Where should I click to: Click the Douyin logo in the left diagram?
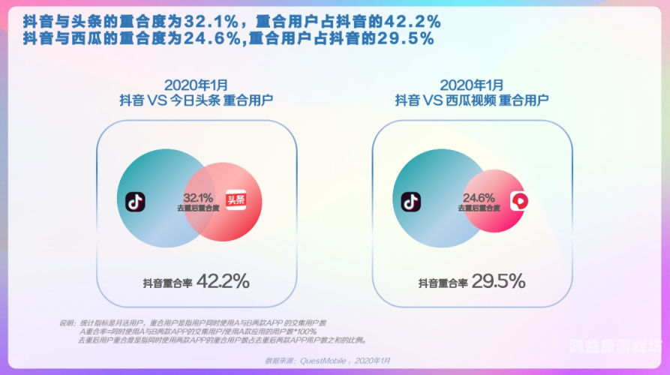tap(136, 201)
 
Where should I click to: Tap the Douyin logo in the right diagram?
tap(411, 201)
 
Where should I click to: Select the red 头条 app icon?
tap(236, 201)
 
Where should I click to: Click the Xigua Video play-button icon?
tap(519, 201)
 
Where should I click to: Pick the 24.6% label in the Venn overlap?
tap(477, 197)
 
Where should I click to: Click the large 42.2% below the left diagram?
tap(222, 282)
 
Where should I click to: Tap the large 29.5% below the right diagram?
tap(498, 282)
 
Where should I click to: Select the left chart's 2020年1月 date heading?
tap(195, 85)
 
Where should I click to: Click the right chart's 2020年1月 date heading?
tap(472, 85)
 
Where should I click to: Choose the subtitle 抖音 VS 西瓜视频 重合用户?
tap(472, 100)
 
